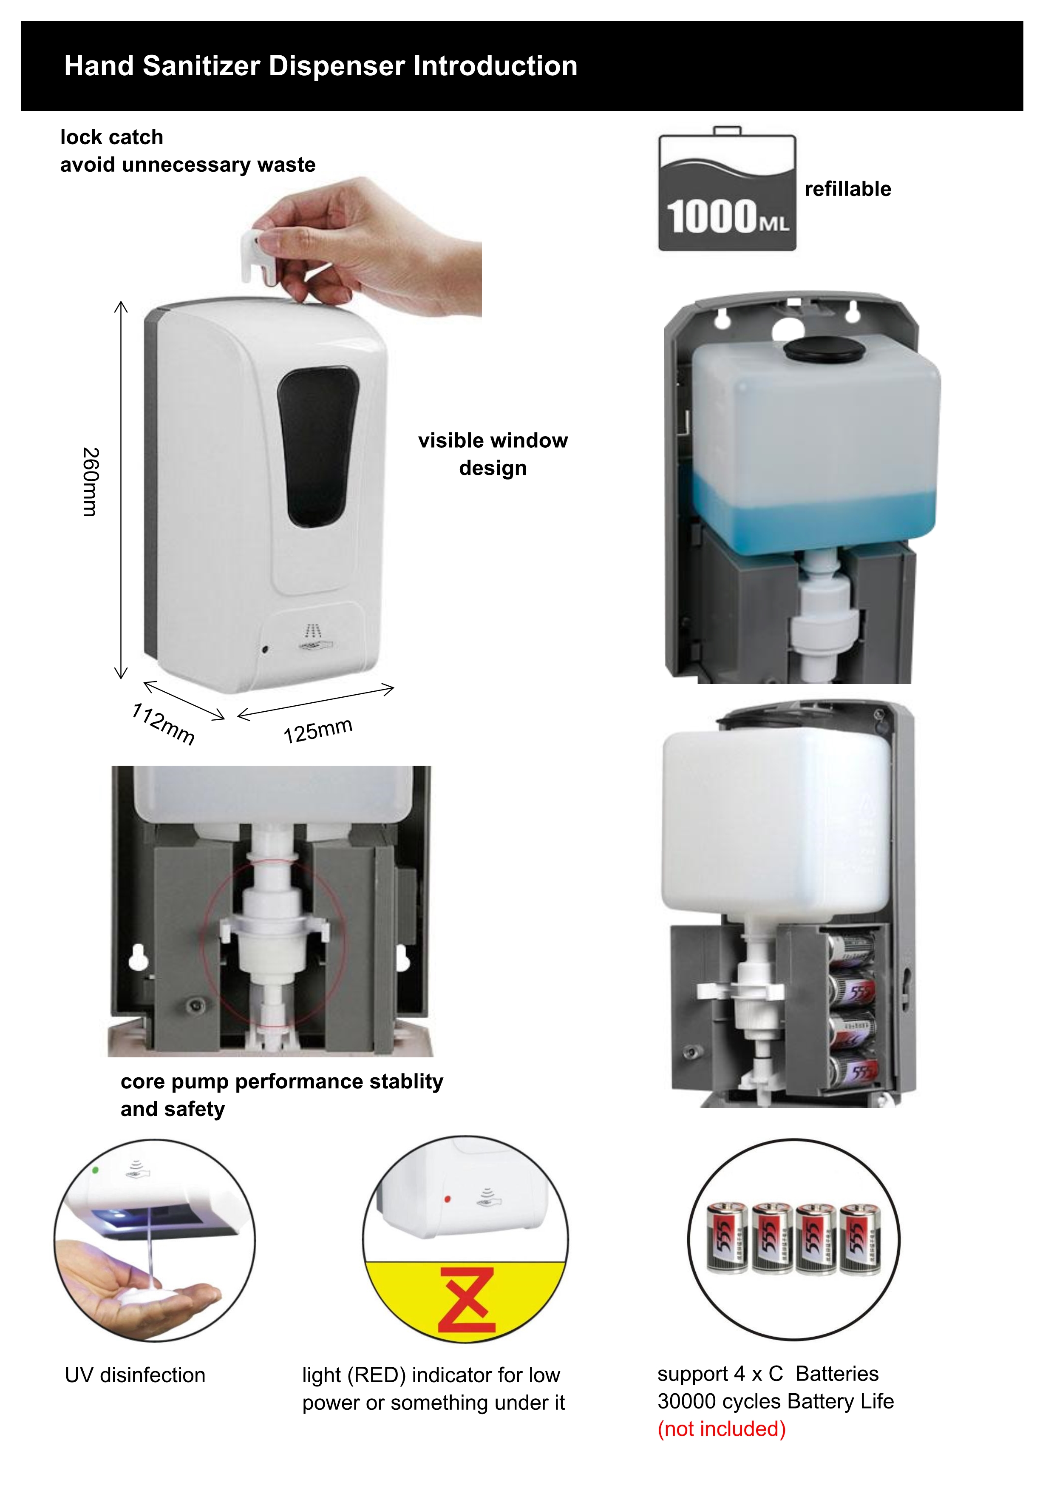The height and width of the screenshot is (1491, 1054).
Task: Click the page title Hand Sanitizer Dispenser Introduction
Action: tap(320, 65)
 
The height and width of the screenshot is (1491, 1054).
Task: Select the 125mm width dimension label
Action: tap(318, 730)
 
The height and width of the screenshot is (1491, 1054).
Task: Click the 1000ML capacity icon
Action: tap(727, 189)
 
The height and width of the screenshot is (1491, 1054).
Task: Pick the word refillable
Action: tap(847, 189)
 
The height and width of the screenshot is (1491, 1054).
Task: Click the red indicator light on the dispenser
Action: tap(447, 1199)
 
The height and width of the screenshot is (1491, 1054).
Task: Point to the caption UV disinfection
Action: tap(135, 1375)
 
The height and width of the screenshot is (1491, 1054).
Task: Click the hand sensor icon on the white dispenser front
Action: tap(315, 637)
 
